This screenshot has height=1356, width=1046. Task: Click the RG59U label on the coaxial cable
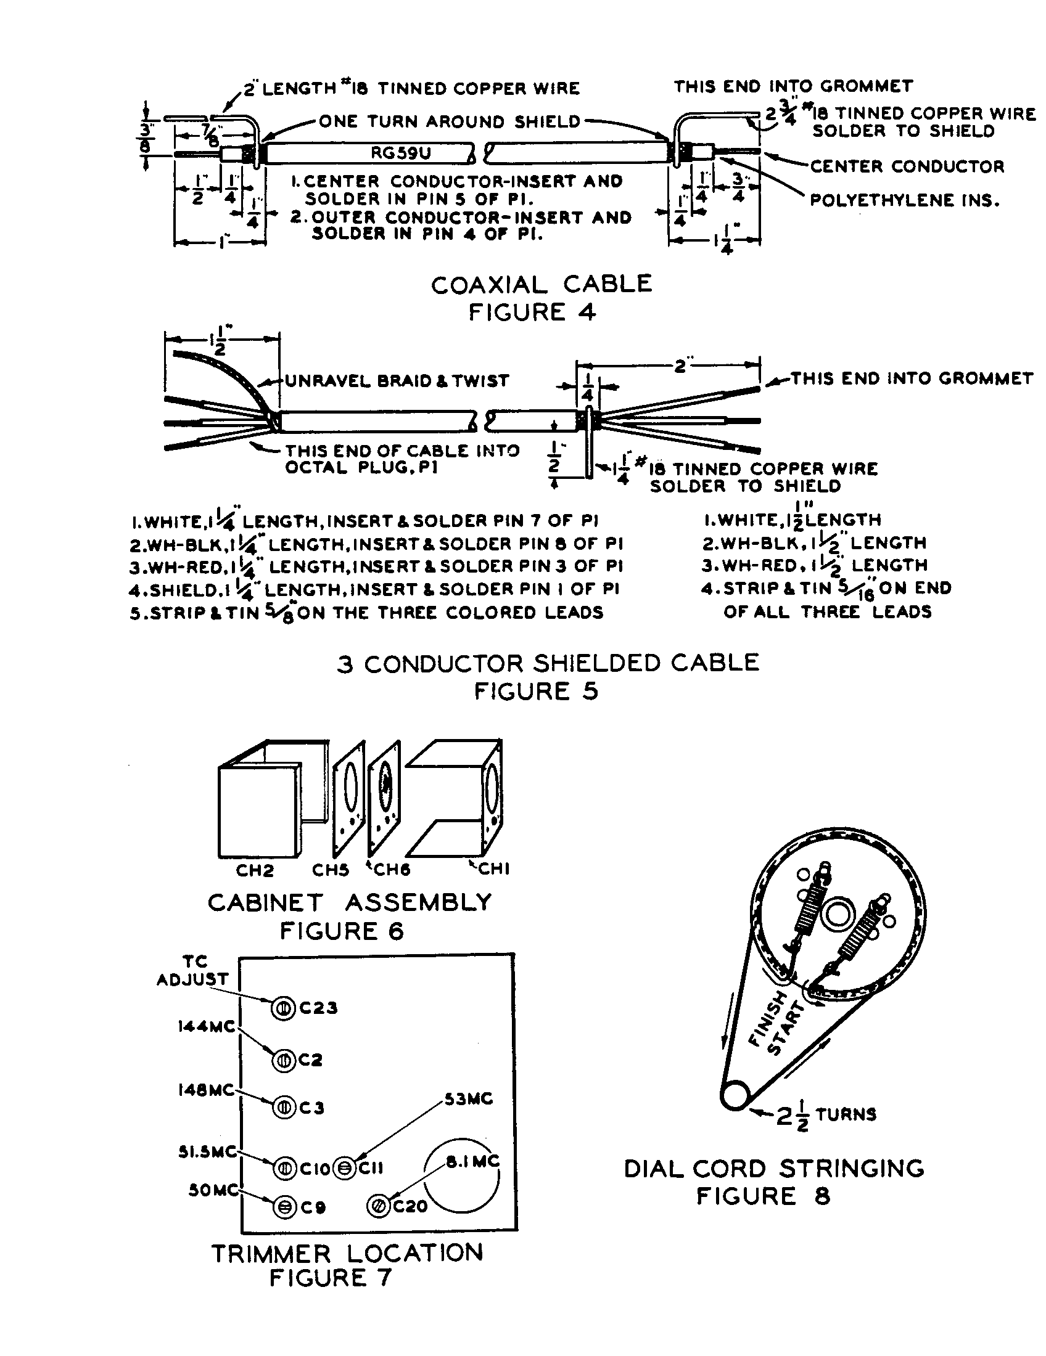tap(401, 153)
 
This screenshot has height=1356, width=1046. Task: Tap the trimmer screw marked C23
tap(282, 1008)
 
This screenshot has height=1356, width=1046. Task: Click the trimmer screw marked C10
tap(284, 1169)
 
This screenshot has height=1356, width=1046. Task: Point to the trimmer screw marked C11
tap(344, 1169)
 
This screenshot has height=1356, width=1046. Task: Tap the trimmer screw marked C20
tap(378, 1206)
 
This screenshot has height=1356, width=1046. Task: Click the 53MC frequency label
tap(467, 1099)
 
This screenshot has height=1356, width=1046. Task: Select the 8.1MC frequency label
tap(472, 1160)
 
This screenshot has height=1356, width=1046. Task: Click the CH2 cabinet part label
tap(255, 870)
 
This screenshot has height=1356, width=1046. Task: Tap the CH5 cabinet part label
tap(330, 870)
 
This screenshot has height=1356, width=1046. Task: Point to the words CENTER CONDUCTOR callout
tap(907, 166)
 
